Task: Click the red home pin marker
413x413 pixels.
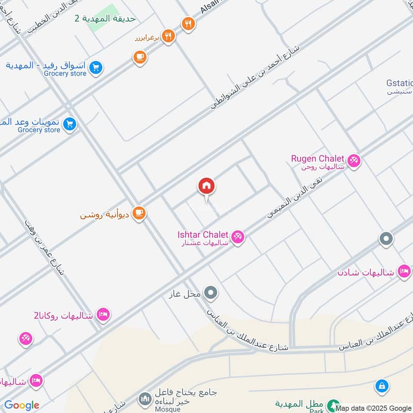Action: [x=206, y=186]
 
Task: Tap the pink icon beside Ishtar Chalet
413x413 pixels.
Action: [x=237, y=237]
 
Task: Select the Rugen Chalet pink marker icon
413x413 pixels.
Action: [x=354, y=161]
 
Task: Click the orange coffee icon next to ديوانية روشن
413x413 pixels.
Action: [x=138, y=213]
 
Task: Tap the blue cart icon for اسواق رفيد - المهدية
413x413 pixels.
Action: [x=95, y=67]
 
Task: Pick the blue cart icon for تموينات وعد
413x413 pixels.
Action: [x=70, y=124]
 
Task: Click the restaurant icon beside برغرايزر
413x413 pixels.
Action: [x=168, y=36]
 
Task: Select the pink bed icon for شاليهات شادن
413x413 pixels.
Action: [x=404, y=271]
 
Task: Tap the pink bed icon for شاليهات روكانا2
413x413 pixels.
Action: [x=103, y=314]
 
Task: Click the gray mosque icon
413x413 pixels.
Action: [x=145, y=399]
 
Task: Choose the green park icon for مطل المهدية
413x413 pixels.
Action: [x=335, y=404]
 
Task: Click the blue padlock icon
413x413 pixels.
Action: [x=382, y=385]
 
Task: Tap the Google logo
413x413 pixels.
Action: [x=22, y=405]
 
